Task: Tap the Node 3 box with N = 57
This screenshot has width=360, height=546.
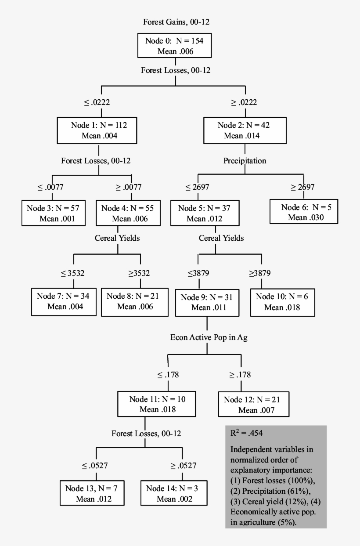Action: pos(54,213)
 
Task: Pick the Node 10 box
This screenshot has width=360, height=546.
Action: pos(282,302)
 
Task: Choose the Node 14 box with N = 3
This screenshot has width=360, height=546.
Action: pos(173,493)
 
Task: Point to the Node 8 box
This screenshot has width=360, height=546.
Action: pos(134,301)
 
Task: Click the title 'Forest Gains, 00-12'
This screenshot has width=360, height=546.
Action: pos(180,22)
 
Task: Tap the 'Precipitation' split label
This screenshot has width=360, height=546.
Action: pos(245,161)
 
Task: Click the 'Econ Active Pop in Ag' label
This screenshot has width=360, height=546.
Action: pos(205,337)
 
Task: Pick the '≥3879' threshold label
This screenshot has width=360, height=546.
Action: pos(260,273)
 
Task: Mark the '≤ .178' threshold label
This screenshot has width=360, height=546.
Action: pos(168,375)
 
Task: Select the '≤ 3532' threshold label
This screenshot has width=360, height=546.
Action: pos(72,273)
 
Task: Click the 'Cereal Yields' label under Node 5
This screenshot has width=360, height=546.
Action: pos(221,238)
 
